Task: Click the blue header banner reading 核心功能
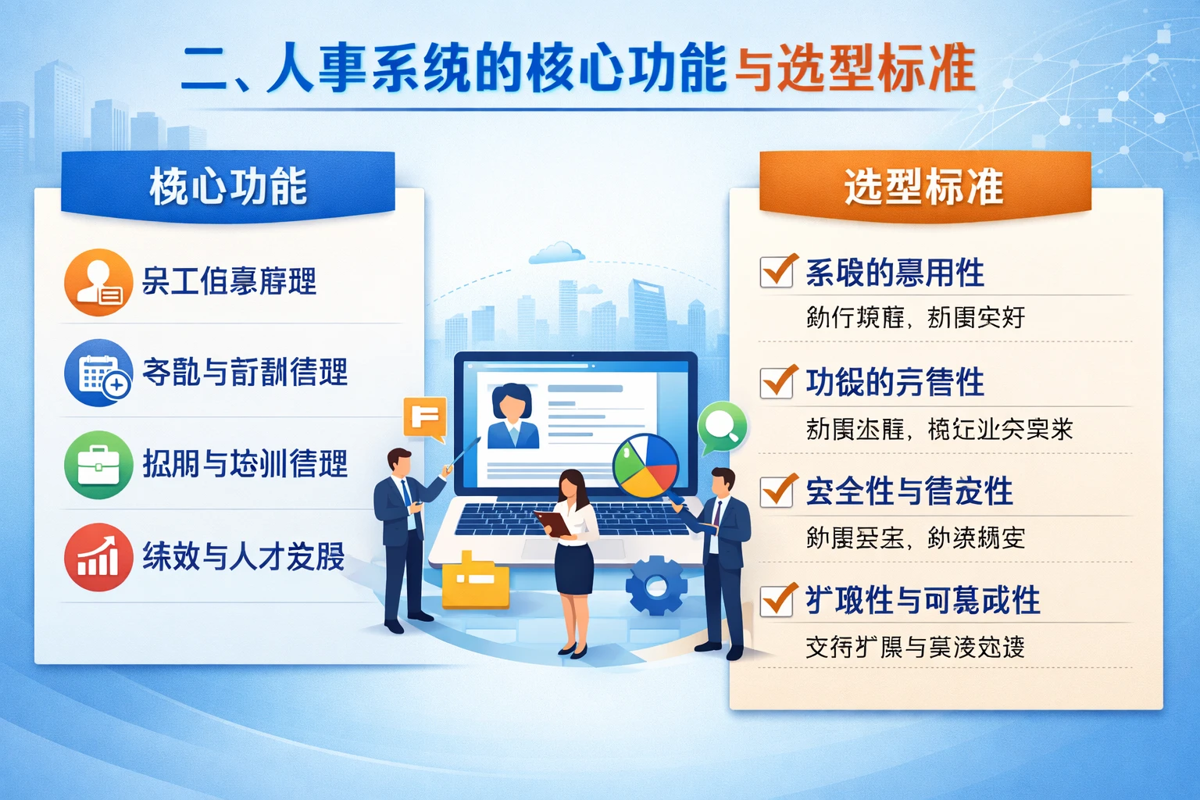click(x=227, y=185)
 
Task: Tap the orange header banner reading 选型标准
click(x=924, y=185)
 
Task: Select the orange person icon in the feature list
click(x=98, y=282)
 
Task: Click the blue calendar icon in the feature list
click(x=98, y=373)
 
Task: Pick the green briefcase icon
click(x=98, y=465)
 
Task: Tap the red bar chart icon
click(x=98, y=557)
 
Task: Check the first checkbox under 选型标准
click(x=777, y=272)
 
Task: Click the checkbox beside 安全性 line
click(x=777, y=491)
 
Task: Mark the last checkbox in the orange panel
click(x=777, y=600)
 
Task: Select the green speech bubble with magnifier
click(x=723, y=426)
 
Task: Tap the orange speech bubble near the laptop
click(x=425, y=417)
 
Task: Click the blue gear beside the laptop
click(x=656, y=585)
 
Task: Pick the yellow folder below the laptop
click(x=475, y=581)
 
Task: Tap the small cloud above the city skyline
click(x=556, y=252)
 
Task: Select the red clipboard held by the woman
click(x=553, y=523)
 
